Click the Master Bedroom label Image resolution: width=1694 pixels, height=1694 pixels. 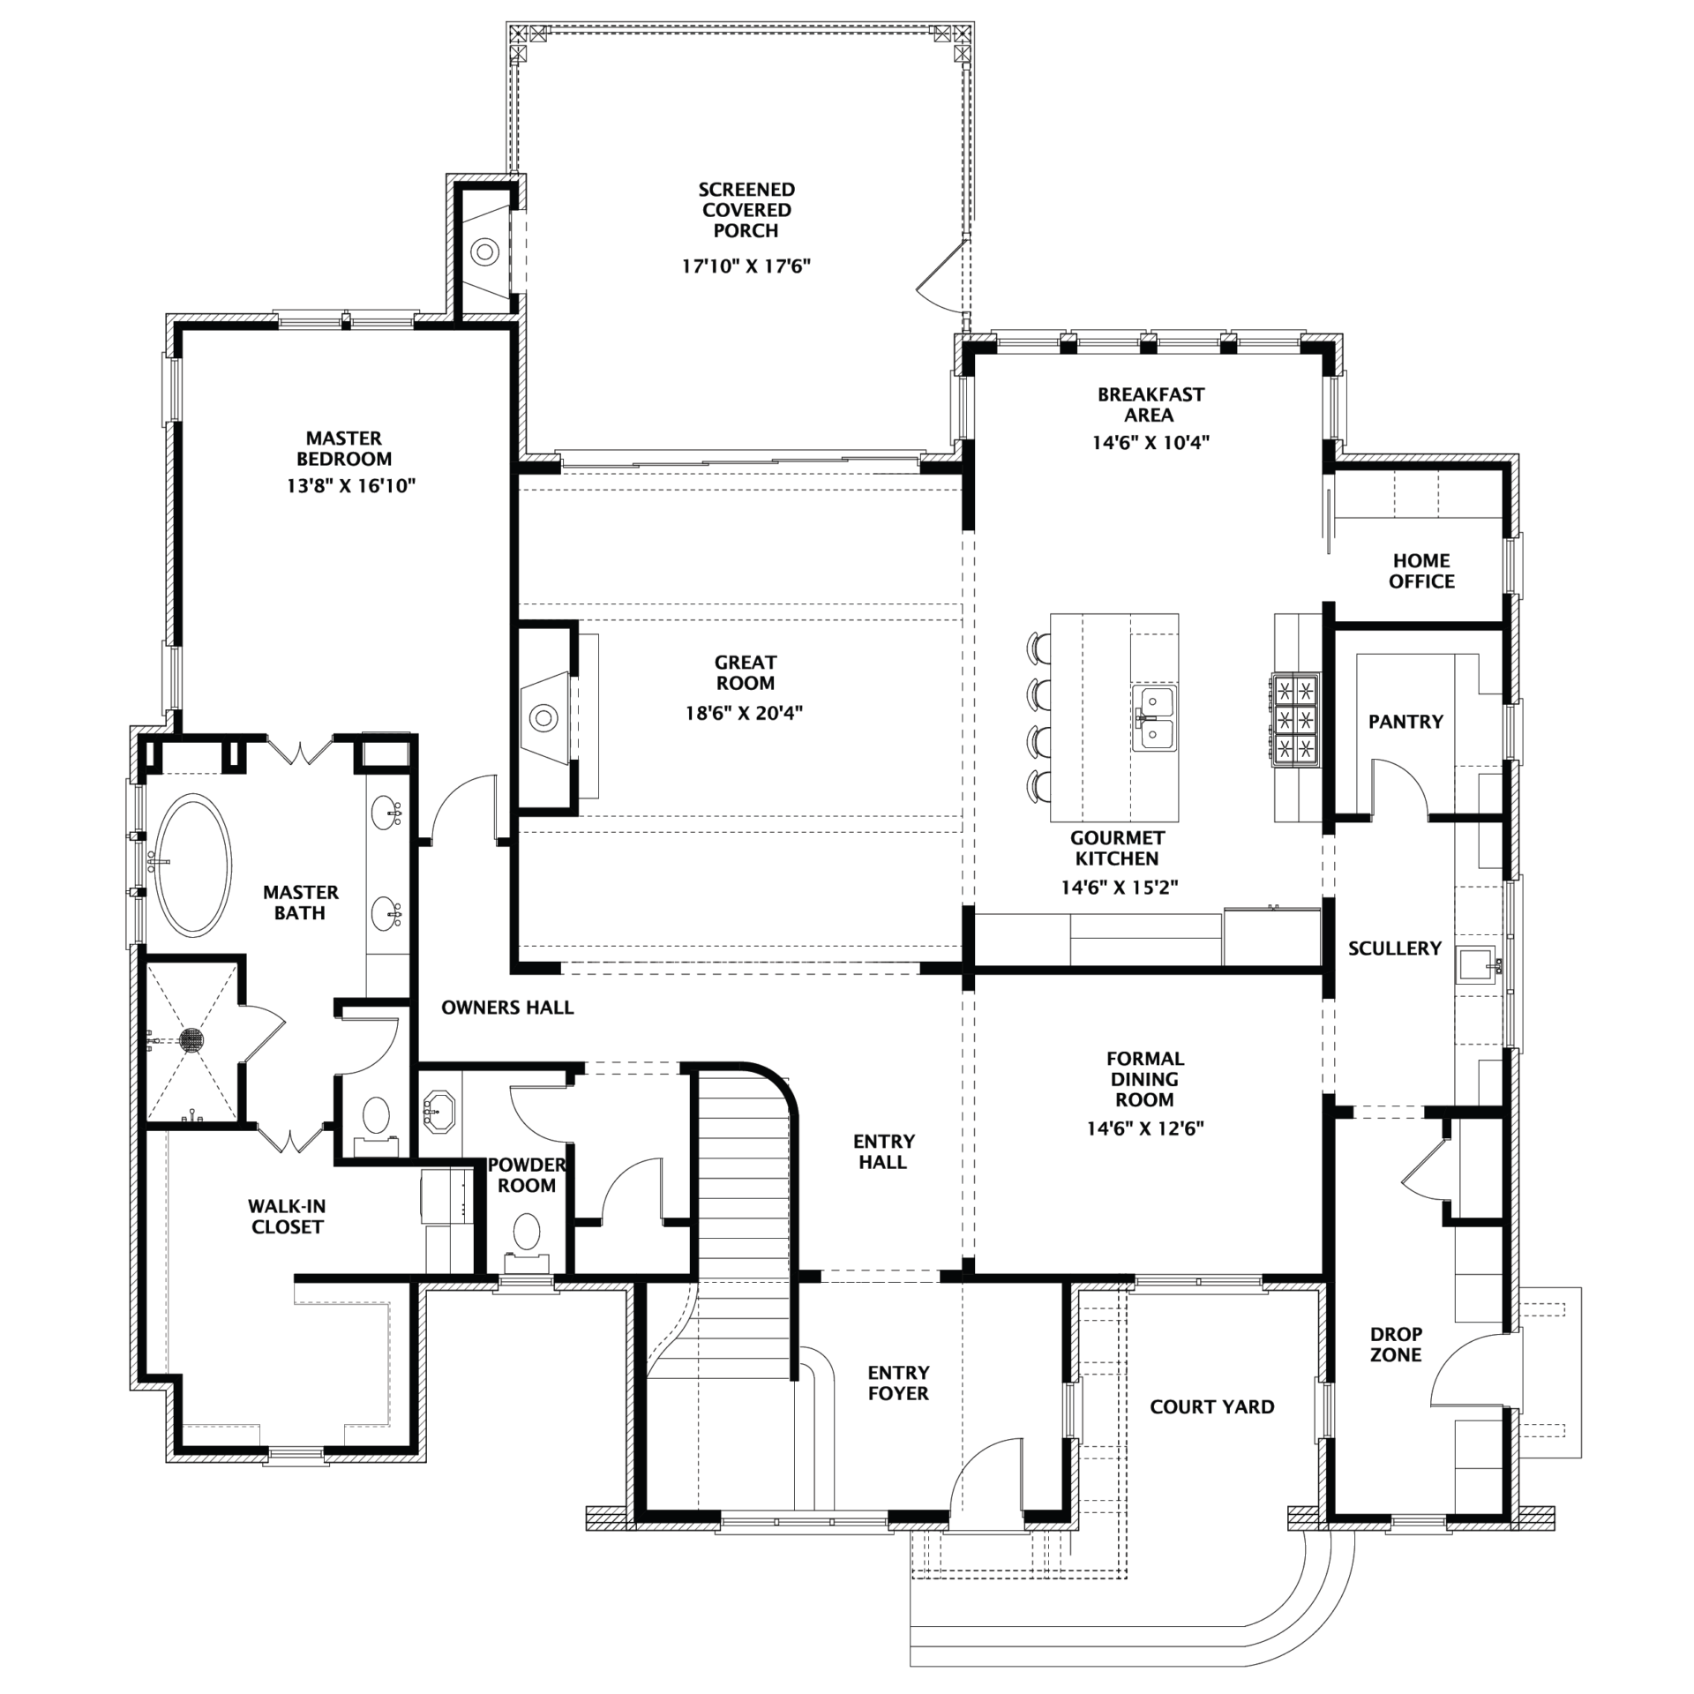344,448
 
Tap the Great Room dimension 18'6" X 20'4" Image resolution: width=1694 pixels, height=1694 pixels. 745,712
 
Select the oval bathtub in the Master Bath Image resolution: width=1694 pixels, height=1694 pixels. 194,866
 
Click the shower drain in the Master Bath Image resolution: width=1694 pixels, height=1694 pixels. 191,1039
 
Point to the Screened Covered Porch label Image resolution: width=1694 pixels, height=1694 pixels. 746,210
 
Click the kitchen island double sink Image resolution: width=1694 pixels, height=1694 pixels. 1154,718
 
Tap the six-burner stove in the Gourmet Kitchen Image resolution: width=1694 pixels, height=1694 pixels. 1294,718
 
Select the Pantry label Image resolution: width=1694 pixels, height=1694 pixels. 1405,722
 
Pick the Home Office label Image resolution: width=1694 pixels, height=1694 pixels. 1421,571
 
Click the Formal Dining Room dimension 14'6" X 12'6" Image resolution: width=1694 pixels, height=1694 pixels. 1145,1128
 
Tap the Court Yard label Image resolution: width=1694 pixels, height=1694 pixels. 1211,1407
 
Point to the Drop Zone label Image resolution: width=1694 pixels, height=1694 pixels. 1396,1345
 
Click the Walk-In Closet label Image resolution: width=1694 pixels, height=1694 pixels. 287,1216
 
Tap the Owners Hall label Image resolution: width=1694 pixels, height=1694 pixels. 507,1008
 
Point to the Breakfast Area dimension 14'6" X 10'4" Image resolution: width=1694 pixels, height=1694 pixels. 1151,442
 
